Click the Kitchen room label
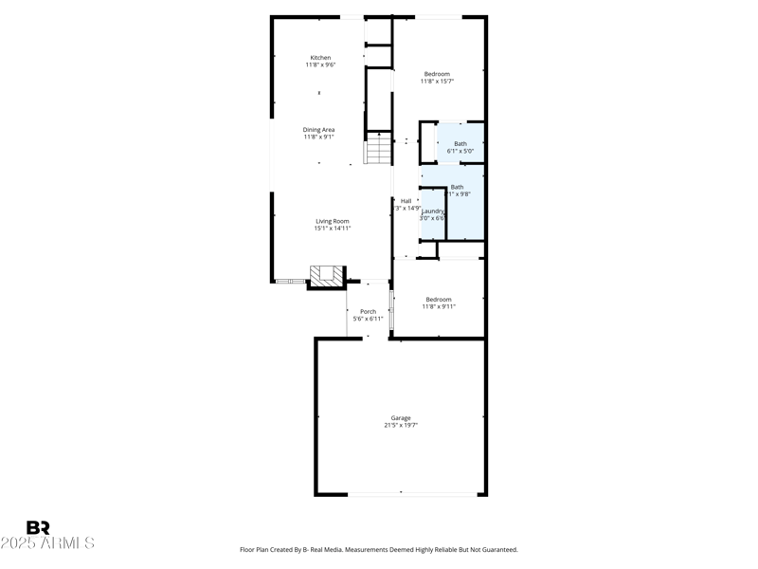320,58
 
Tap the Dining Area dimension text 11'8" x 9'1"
318,138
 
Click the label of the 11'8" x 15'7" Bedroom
437,74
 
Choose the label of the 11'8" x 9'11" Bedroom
439,300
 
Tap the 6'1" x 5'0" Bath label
460,144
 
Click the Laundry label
433,211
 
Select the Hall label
406,201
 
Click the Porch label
368,311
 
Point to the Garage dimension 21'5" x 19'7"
401,426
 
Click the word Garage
401,418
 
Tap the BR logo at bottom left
38,528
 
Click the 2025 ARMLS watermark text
47,543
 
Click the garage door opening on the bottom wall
413,493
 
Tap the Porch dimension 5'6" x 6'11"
368,319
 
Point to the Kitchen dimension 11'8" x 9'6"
320,65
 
